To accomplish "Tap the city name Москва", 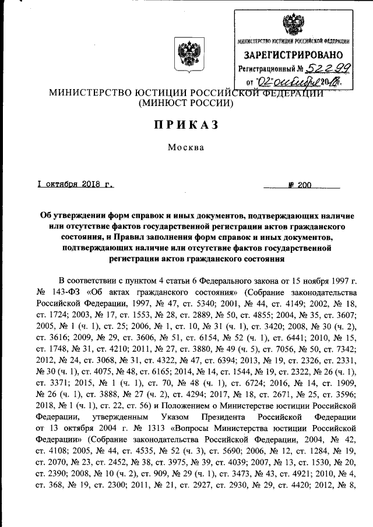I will (x=186, y=147).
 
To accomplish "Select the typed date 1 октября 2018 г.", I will (x=74, y=185).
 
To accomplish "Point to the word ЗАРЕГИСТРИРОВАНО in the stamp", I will (x=294, y=55).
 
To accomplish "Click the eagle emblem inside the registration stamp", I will (x=294, y=24).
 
